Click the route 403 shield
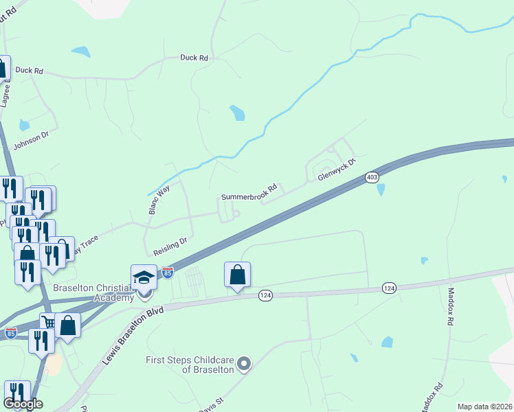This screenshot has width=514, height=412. (372, 176)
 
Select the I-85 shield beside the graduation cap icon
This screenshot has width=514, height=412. (168, 273)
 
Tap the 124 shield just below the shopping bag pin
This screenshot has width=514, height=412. (266, 295)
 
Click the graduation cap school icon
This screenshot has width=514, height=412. (144, 277)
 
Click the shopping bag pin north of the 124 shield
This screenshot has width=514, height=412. (237, 275)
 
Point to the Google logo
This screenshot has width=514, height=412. (23, 404)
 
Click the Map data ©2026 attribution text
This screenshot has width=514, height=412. (484, 407)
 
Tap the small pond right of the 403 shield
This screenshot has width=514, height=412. (381, 189)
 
